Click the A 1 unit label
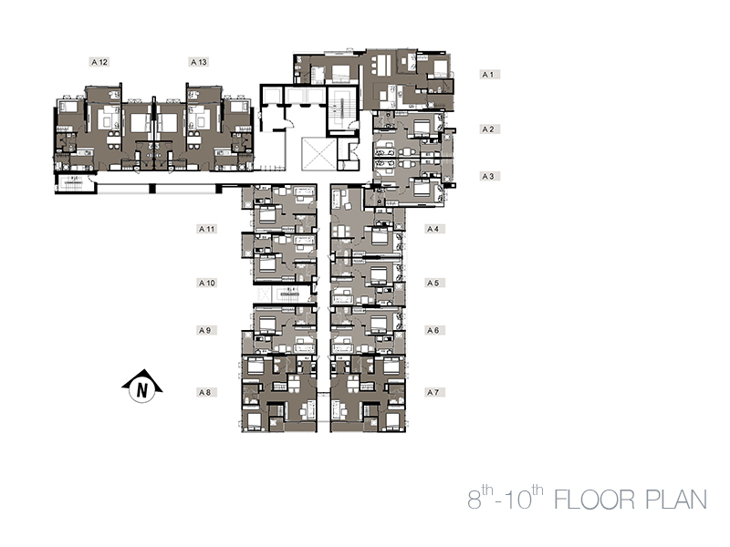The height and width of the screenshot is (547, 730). tap(490, 75)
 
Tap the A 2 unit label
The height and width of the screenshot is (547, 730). tap(490, 129)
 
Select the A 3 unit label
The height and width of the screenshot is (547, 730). tap(490, 176)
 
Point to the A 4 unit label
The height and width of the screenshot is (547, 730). tap(435, 229)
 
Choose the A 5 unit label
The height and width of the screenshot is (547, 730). tap(435, 283)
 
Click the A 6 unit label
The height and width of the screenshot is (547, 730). tap(435, 330)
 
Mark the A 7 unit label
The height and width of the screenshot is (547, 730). tap(435, 392)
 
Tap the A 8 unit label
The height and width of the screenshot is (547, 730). tap(207, 392)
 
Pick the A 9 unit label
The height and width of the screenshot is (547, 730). tap(207, 330)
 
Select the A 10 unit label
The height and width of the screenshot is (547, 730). tap(207, 283)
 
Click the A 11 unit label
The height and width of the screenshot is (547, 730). tap(207, 229)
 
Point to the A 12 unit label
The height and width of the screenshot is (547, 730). tap(99, 62)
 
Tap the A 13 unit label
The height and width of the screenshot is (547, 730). tap(198, 62)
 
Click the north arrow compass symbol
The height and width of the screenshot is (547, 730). tap(142, 386)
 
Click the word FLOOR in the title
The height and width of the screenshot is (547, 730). tap(595, 500)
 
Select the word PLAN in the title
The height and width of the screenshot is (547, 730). tap(676, 500)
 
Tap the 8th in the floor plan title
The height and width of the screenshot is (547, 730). tap(481, 497)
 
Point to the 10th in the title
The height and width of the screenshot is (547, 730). tap(522, 497)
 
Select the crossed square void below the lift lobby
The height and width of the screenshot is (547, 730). tap(318, 154)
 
